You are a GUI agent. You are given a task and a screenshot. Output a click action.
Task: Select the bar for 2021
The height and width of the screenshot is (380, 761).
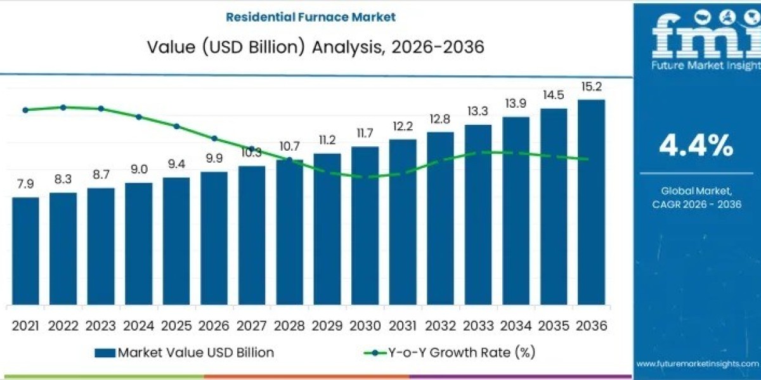pos(25,250)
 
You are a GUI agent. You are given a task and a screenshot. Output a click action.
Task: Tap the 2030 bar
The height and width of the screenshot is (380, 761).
pos(365,225)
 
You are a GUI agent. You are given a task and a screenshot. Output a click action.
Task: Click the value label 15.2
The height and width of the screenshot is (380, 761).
pos(591,86)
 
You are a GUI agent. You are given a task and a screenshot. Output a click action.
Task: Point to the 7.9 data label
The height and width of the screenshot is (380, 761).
pos(25,184)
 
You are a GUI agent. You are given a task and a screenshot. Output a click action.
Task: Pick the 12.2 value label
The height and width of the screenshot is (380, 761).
pos(403,126)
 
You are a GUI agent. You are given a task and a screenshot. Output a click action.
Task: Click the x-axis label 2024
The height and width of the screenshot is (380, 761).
pos(138,326)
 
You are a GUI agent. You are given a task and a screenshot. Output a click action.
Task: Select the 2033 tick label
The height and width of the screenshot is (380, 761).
pos(478,326)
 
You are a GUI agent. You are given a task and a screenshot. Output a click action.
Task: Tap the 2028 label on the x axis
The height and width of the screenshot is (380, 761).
pos(289,326)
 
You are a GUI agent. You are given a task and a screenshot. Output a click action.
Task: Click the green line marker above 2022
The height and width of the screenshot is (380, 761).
pos(63,107)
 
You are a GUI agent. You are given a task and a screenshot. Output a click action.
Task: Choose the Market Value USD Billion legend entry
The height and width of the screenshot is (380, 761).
pos(184,353)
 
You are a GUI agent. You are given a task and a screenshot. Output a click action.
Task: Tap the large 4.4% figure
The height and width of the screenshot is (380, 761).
pos(696,146)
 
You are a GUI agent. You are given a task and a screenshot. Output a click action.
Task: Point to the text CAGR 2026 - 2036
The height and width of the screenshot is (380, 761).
pos(696,204)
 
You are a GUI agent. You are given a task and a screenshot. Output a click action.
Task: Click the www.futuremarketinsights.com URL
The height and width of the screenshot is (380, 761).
pos(696,364)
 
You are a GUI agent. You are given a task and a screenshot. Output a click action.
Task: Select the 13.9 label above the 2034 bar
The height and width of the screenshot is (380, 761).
pos(516,103)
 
